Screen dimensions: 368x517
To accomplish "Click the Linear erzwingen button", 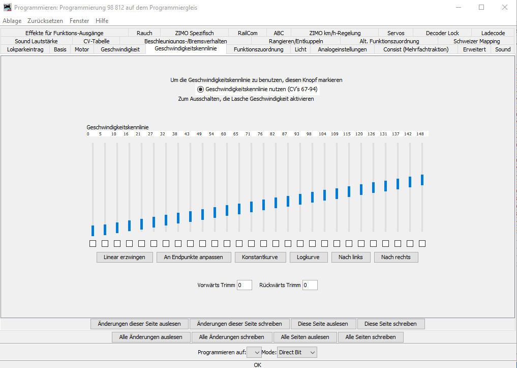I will (x=125, y=257).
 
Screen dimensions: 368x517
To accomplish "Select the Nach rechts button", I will (x=396, y=257).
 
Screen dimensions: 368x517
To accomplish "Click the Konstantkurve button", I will (x=260, y=257).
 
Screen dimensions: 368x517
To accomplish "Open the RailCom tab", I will (x=248, y=33).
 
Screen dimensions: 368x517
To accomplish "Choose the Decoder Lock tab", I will (x=442, y=33).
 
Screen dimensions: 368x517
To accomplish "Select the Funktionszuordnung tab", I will (x=258, y=49).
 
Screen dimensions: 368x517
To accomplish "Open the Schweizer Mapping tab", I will (x=476, y=41).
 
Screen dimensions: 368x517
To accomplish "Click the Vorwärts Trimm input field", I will (x=244, y=285).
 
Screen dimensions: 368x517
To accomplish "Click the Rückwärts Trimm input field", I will (x=310, y=285).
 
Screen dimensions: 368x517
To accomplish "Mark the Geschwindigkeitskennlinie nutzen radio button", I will (x=200, y=89).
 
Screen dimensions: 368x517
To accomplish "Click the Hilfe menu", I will (x=102, y=21).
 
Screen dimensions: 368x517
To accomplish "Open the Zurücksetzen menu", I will (x=45, y=21).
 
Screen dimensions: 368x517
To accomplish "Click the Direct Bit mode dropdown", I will (x=297, y=352).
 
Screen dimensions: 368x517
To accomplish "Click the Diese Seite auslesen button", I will (x=323, y=324).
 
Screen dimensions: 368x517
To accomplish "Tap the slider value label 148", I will (x=420, y=134).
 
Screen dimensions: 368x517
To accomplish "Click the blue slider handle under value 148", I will (x=422, y=180).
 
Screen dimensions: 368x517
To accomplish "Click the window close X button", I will (x=504, y=7).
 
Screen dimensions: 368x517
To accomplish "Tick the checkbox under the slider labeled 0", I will (x=93, y=243).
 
